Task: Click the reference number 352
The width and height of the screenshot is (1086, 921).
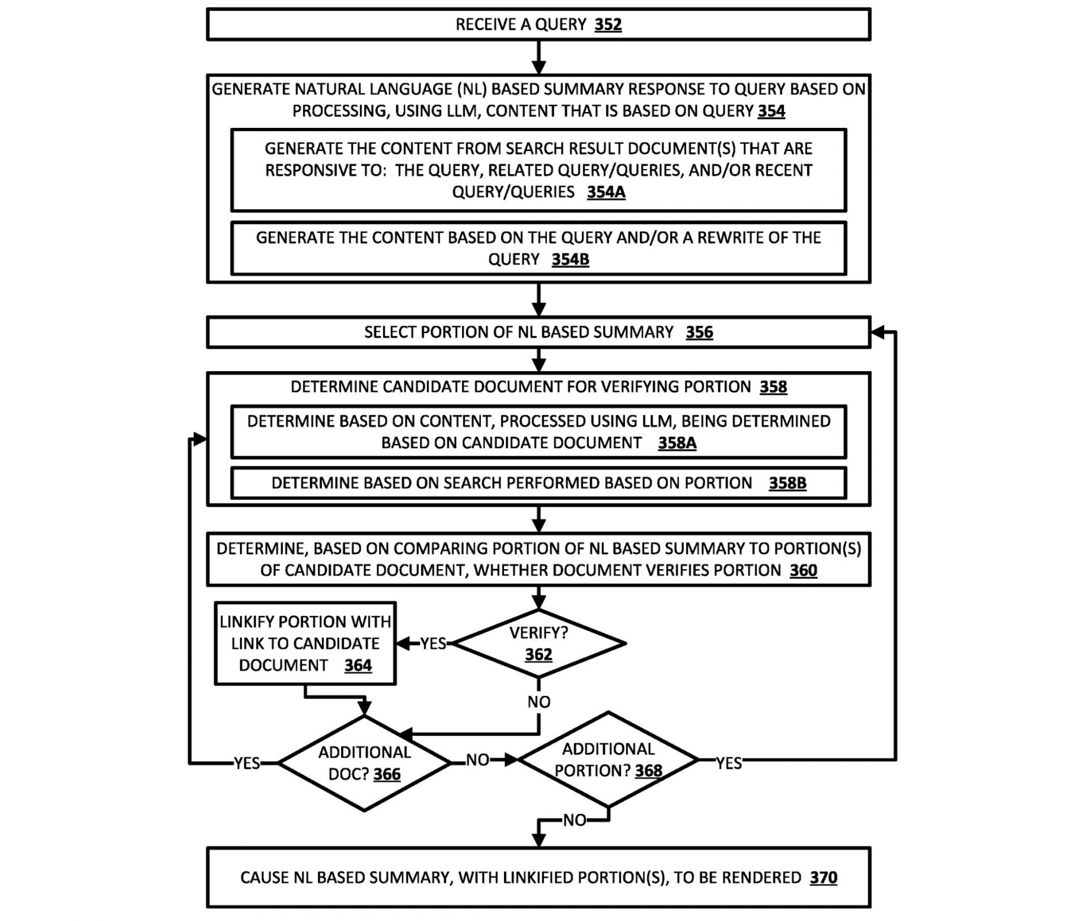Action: click(608, 25)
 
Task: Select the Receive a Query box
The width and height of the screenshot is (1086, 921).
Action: click(538, 24)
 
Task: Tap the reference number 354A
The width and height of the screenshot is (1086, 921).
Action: click(606, 192)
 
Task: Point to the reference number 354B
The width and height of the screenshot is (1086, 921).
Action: click(570, 260)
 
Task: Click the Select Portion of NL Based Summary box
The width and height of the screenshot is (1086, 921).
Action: click(538, 332)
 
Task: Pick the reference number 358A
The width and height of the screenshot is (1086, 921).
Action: click(677, 443)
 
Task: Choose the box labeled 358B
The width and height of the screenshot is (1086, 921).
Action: click(538, 483)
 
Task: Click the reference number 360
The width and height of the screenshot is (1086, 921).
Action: click(803, 570)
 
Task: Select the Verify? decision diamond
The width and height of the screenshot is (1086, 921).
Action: click(538, 643)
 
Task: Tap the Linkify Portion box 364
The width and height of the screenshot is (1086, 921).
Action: click(305, 643)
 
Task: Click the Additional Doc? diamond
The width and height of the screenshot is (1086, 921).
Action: click(364, 763)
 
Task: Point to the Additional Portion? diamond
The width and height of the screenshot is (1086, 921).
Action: click(608, 759)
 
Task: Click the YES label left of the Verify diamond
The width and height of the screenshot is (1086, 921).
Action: click(433, 644)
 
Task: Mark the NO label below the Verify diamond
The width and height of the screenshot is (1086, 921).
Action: click(538, 702)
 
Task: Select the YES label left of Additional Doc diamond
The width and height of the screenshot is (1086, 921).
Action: click(247, 763)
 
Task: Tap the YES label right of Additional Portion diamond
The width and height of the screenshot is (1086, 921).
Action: click(729, 763)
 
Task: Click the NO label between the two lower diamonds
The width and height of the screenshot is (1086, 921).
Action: click(477, 760)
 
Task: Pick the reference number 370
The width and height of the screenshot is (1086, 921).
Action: click(824, 877)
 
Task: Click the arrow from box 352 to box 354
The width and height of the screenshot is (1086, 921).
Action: click(538, 57)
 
